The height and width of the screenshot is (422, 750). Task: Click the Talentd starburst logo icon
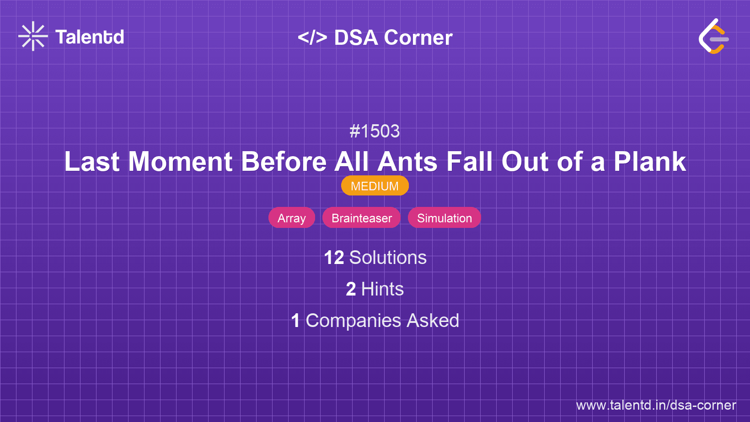[33, 36]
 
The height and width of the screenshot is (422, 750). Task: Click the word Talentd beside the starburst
[90, 37]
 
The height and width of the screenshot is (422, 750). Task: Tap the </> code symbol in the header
[312, 37]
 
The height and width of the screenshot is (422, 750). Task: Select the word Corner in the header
[418, 37]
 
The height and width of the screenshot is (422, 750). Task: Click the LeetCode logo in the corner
[713, 37]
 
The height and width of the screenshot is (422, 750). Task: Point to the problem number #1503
[375, 132]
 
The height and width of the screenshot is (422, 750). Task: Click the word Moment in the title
[181, 162]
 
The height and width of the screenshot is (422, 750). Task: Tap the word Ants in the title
[407, 162]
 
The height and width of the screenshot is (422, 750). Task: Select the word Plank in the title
[649, 162]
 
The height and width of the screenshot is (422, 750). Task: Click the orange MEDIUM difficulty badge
[375, 186]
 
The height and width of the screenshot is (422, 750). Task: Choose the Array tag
[292, 218]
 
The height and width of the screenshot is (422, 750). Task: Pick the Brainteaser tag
[362, 218]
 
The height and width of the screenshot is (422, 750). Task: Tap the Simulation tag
[444, 218]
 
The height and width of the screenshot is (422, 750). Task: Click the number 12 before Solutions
[334, 258]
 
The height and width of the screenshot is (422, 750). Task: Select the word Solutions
[388, 258]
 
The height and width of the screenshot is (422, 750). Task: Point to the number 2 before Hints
[351, 289]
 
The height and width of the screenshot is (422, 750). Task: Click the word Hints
[382, 289]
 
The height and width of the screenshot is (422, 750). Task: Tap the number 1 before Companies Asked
[295, 321]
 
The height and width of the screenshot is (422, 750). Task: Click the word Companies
[354, 321]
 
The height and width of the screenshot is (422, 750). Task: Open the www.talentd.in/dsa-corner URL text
[656, 405]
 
